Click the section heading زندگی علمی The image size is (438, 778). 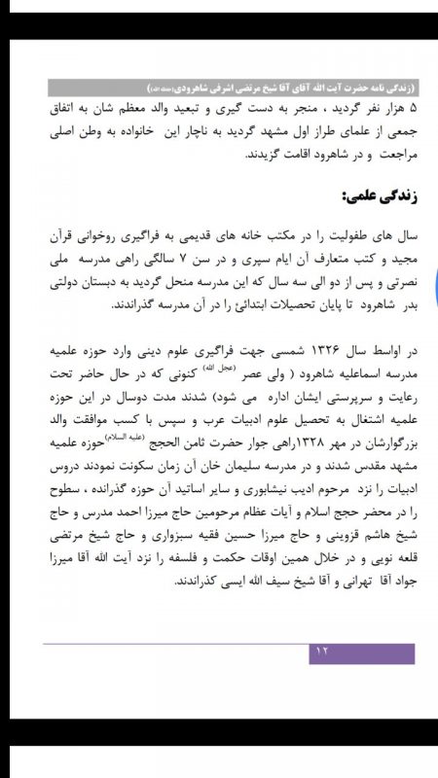pos(374,196)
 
